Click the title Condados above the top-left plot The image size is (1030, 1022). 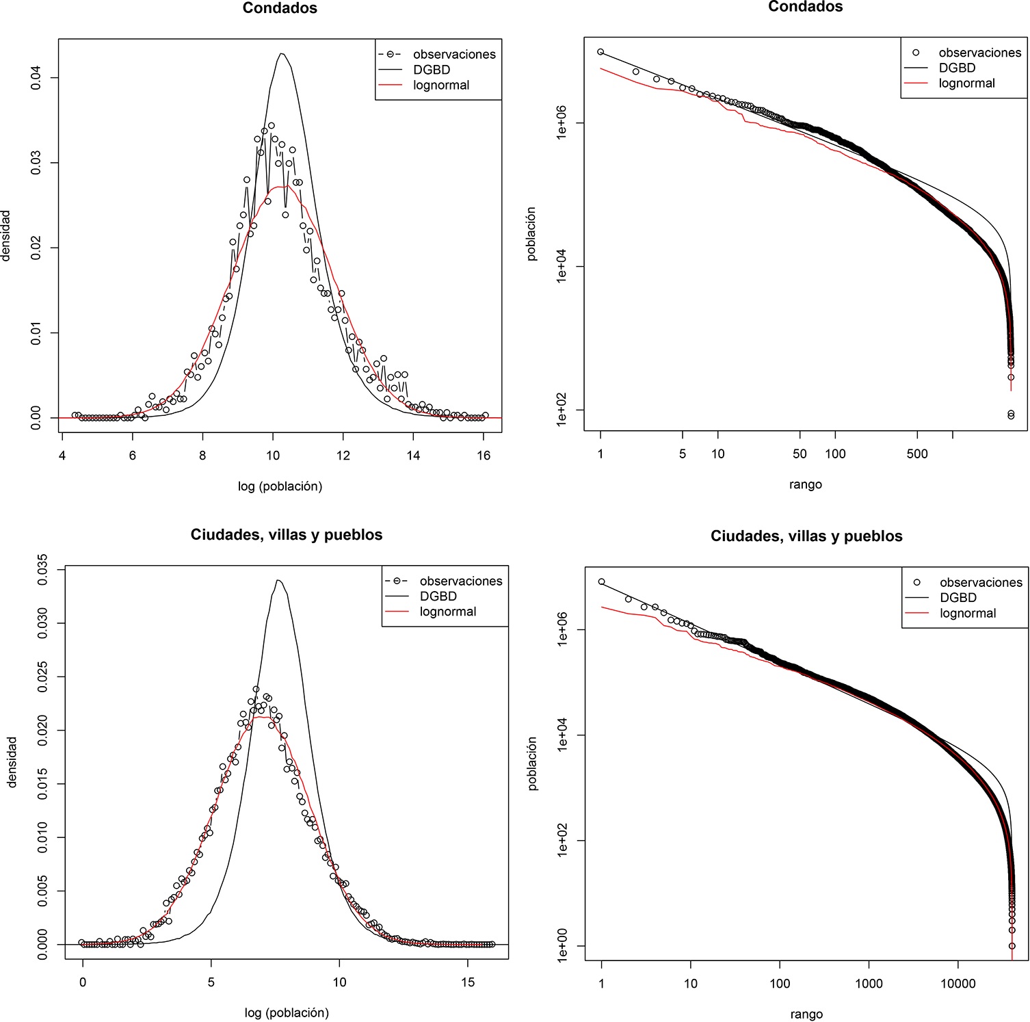coord(280,9)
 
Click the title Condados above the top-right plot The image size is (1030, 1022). coord(805,7)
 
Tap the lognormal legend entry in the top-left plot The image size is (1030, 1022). coord(441,86)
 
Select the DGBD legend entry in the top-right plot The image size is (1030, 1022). coord(957,68)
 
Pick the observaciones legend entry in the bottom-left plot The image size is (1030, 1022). coord(460,581)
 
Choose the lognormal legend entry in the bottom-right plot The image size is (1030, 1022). coord(968,613)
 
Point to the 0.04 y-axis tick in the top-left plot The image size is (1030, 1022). coord(36,78)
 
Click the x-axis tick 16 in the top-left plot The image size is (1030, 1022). coord(484,456)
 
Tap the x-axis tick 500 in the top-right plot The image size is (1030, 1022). coord(917,454)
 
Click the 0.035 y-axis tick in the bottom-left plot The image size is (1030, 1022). coord(43,569)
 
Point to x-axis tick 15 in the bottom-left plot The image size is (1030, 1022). coord(467,982)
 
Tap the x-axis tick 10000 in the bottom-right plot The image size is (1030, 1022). coord(958,984)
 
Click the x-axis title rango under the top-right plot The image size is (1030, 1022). coord(805,484)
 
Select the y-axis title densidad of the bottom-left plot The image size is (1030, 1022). coord(12,761)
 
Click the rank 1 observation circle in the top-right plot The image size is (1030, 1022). coord(600,52)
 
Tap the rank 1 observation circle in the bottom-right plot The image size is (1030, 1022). coord(602,582)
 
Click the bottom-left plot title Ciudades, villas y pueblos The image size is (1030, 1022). coord(286,535)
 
